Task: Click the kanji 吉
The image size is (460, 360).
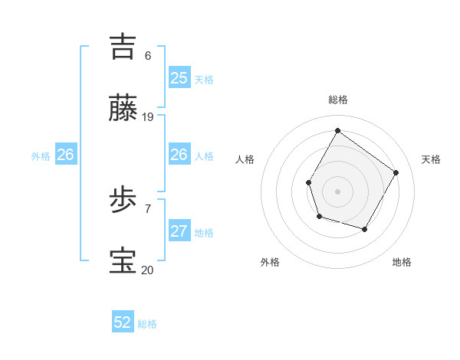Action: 125,46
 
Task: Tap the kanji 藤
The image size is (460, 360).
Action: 125,109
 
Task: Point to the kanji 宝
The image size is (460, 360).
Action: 125,261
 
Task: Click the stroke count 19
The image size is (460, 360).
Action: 148,117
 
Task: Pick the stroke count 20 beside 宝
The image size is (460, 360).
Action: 148,270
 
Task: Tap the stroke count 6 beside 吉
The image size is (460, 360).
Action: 148,55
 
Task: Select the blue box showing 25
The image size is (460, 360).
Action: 179,78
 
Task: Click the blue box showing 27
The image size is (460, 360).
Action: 179,231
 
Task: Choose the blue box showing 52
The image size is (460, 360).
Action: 123,322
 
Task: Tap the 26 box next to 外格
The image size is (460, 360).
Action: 65,155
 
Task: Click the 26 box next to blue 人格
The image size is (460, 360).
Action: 179,155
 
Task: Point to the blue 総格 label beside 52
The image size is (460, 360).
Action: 147,324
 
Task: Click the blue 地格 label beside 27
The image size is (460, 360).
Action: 204,233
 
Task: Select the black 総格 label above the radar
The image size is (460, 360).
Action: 338,100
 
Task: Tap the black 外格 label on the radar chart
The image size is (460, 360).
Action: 270,263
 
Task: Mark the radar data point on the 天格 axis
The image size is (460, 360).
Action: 396,172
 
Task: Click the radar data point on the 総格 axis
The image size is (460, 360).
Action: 337,130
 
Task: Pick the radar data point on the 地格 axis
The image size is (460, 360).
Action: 365,229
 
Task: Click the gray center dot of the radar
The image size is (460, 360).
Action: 337,191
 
